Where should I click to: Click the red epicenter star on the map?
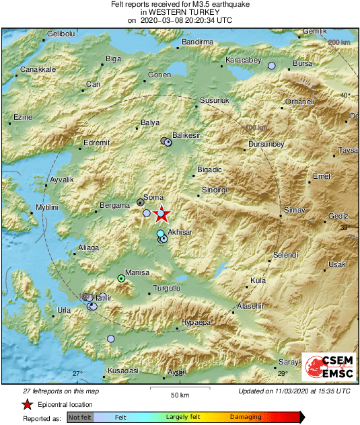[162, 215]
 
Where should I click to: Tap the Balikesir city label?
[186, 135]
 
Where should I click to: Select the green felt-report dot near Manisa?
[122, 278]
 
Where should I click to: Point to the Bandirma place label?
[196, 42]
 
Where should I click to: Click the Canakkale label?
[38, 69]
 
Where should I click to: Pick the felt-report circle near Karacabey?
[272, 66]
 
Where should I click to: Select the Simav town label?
[295, 210]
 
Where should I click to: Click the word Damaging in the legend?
[246, 417]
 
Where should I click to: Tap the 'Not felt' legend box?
[80, 417]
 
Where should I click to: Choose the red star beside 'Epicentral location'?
[27, 404]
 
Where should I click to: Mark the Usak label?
[336, 264]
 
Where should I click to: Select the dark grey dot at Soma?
[140, 202]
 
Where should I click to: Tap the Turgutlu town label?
[168, 287]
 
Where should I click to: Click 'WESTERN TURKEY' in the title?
[180, 12]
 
